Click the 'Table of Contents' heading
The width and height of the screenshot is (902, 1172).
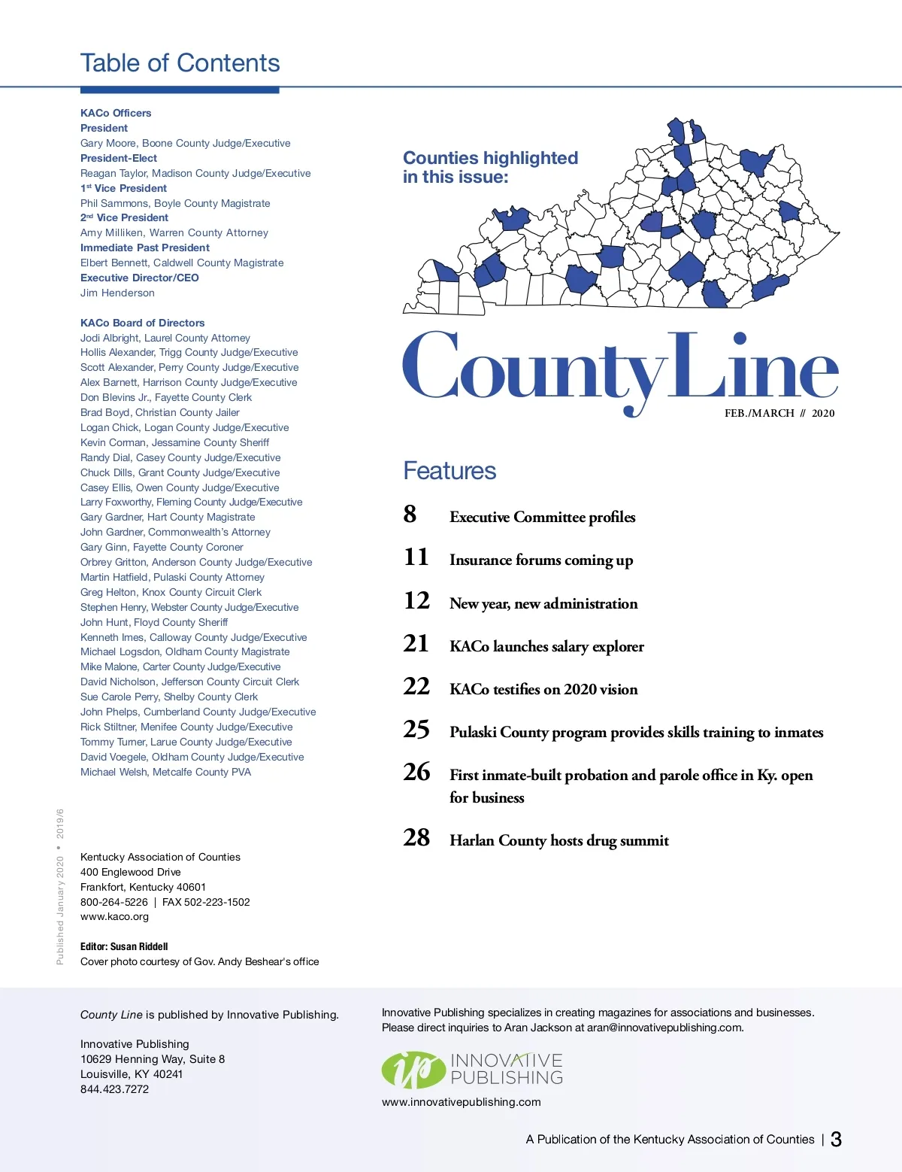pyautogui.click(x=180, y=63)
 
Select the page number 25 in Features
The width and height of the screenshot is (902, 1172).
pyautogui.click(x=416, y=730)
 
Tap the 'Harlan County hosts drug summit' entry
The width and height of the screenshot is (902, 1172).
pyautogui.click(x=558, y=840)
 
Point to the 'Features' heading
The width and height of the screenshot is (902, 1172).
pyautogui.click(x=449, y=471)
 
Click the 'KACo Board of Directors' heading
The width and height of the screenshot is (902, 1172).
pyautogui.click(x=142, y=323)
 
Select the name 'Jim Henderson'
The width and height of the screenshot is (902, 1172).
pyautogui.click(x=117, y=293)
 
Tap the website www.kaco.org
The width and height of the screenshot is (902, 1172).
pyautogui.click(x=114, y=916)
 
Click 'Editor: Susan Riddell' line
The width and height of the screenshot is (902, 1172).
pyautogui.click(x=124, y=946)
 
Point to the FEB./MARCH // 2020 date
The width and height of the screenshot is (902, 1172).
pyautogui.click(x=779, y=413)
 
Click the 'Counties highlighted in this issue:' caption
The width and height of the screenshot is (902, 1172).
pyautogui.click(x=490, y=167)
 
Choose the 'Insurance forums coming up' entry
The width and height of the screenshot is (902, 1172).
pyautogui.click(x=541, y=560)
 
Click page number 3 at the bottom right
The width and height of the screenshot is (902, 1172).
pyautogui.click(x=836, y=1140)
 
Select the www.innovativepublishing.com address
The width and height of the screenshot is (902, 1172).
pyautogui.click(x=461, y=1102)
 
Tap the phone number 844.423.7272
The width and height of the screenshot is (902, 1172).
pyautogui.click(x=114, y=1089)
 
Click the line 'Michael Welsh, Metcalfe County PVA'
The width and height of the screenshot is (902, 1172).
pyautogui.click(x=165, y=772)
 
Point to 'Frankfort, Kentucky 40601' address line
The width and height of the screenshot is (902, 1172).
pyautogui.click(x=143, y=887)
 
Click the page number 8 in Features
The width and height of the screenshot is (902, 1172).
pyautogui.click(x=410, y=515)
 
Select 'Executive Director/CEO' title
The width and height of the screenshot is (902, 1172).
pyautogui.click(x=139, y=278)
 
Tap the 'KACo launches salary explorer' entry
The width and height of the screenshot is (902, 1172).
pyautogui.click(x=546, y=646)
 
